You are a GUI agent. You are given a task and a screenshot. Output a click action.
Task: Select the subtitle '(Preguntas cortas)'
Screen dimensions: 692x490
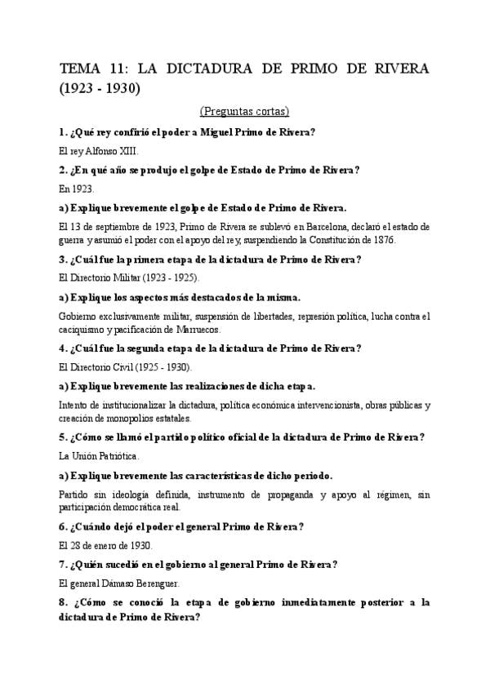244,110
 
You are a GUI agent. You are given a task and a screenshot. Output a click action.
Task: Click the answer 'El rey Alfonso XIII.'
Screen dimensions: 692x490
99,151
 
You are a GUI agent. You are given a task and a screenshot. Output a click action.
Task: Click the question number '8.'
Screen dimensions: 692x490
65,602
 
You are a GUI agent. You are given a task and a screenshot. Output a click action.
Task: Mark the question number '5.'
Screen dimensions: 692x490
65,437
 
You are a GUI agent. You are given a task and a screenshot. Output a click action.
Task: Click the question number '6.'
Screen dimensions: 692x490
65,526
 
